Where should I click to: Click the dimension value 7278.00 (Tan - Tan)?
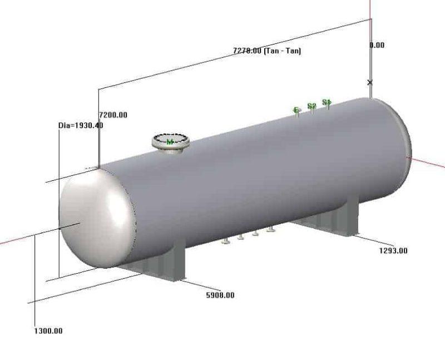coord(267,51)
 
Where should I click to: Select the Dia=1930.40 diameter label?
coord(81,125)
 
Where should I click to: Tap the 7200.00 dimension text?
coord(113,115)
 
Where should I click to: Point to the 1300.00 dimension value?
coord(48,331)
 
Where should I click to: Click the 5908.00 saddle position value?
coord(220,295)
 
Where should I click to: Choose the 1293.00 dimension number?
coord(393,250)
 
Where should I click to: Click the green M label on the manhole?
coord(170,142)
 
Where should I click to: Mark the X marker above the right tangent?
coord(370,82)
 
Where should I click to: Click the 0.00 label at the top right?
coord(377,45)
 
